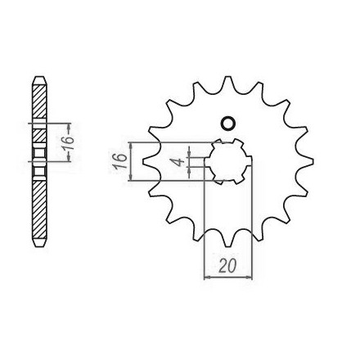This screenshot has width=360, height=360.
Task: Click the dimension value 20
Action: pyautogui.click(x=227, y=265)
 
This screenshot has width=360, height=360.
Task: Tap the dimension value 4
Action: pyautogui.click(x=178, y=162)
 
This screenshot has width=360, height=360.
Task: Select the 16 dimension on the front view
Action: pyautogui.click(x=120, y=161)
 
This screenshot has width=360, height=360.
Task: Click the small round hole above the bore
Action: pyautogui.click(x=227, y=124)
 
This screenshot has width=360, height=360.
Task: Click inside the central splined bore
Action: pyautogui.click(x=228, y=161)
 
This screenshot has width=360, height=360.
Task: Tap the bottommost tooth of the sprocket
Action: pyautogui.click(x=228, y=239)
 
